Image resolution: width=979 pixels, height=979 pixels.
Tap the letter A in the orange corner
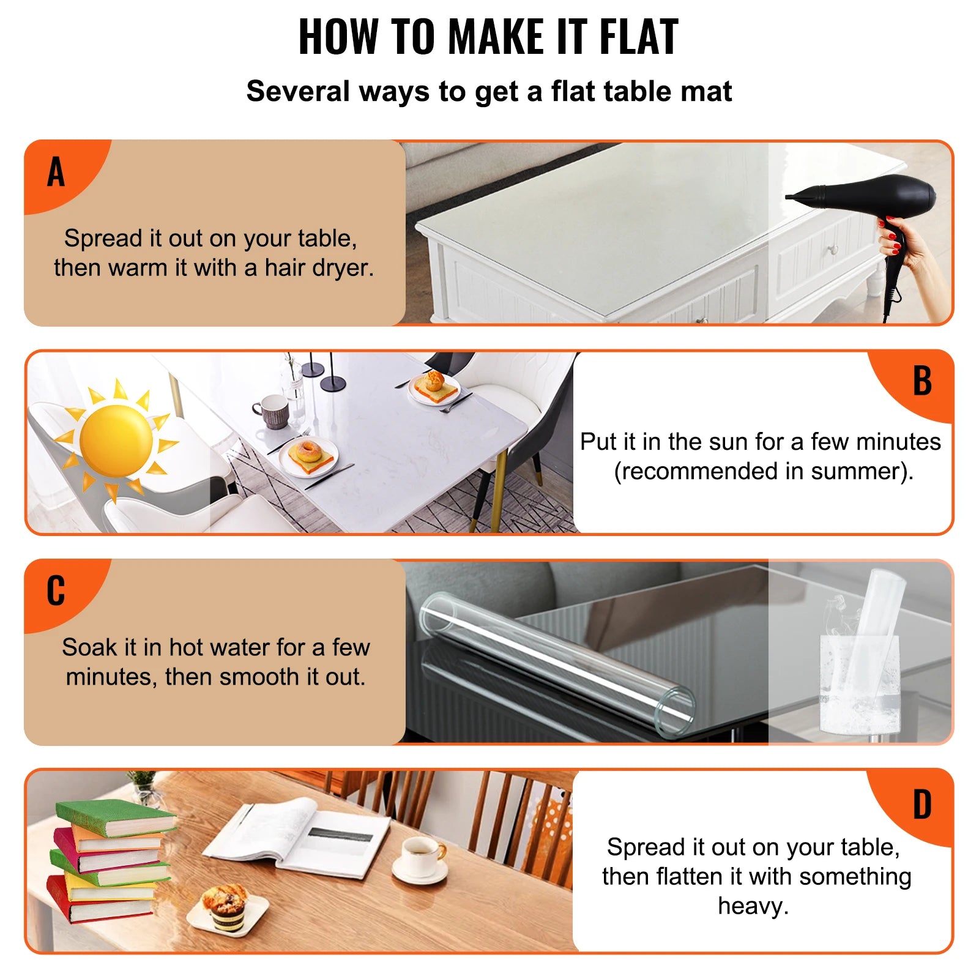tap(56, 172)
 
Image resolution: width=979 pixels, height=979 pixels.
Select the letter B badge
tap(921, 381)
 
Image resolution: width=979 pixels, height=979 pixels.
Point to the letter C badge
tap(56, 590)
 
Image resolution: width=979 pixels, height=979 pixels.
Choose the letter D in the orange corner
tap(921, 805)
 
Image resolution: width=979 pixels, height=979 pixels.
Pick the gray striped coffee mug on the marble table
tap(271, 411)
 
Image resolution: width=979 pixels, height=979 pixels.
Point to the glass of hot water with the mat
tap(860, 679)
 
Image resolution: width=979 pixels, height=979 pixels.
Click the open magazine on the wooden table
tap(297, 835)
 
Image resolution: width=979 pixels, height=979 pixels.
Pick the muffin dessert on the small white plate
tap(225, 906)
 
